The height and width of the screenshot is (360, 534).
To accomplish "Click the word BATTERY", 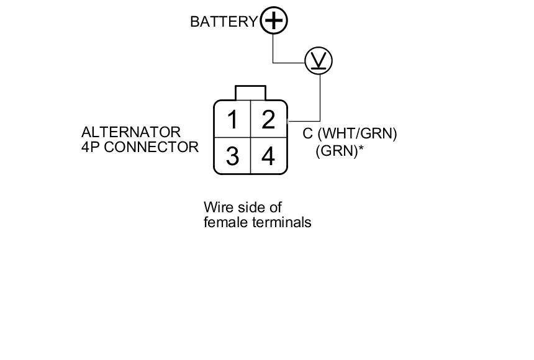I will (x=223, y=22).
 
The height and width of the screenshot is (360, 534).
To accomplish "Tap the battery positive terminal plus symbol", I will (x=273, y=20).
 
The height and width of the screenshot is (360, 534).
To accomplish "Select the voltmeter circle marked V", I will (x=319, y=61).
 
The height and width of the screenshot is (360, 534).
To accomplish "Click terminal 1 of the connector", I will (x=232, y=119).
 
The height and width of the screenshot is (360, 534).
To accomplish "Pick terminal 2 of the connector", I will (x=268, y=119).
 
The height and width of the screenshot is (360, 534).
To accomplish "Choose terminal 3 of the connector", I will (x=232, y=156).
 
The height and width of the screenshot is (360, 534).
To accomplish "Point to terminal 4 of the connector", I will (x=268, y=156).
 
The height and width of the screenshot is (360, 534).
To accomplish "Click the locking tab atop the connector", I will (x=250, y=92).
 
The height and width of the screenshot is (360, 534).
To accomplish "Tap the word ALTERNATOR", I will (x=131, y=132).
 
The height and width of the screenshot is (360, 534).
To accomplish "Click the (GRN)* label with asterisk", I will (x=340, y=150).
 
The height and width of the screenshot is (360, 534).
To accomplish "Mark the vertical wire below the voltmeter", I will (x=320, y=96).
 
